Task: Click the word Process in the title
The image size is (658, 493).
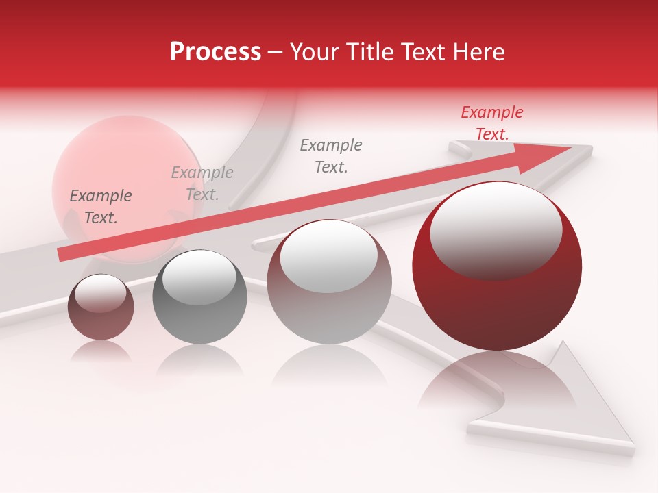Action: [x=215, y=52]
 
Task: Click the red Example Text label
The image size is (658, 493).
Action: [x=491, y=123]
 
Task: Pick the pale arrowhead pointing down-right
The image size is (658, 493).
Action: [x=589, y=404]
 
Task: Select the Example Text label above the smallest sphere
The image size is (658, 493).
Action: [x=100, y=207]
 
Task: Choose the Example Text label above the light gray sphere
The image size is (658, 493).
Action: [x=331, y=155]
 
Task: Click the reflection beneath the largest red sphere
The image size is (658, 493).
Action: [x=497, y=383]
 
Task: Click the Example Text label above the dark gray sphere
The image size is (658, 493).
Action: [x=202, y=184]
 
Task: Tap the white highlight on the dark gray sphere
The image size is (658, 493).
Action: [x=199, y=277]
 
